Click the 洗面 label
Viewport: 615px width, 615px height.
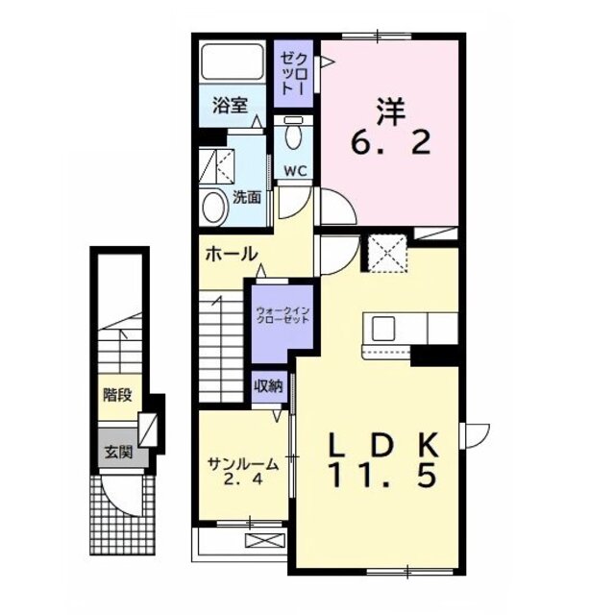[x=247, y=197]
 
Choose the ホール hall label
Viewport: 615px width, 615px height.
[x=231, y=255]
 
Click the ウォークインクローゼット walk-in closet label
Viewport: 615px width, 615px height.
[x=283, y=316]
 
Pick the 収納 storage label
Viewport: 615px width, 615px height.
[x=268, y=385]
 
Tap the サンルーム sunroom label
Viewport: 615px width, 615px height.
[x=243, y=470]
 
